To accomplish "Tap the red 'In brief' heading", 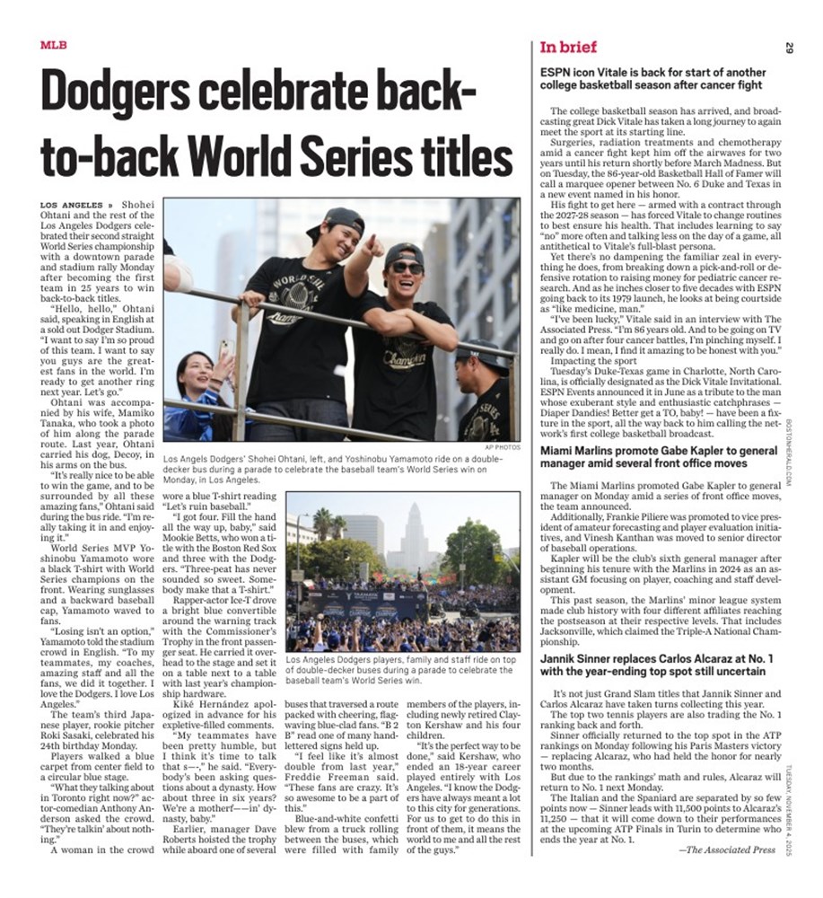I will tap(568, 48).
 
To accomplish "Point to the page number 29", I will tap(788, 48).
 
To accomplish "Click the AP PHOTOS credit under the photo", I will tap(502, 446).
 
